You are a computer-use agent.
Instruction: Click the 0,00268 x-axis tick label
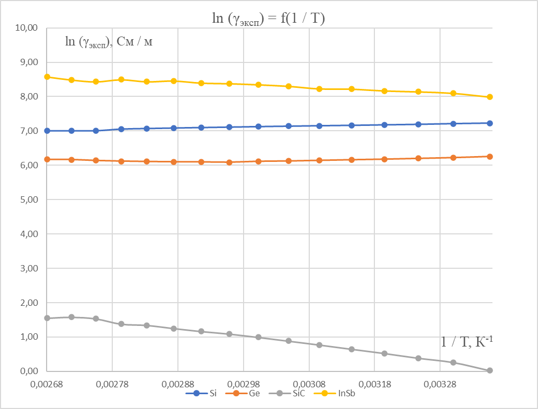pyautogui.click(x=47, y=381)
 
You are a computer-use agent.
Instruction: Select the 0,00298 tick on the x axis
pyautogui.click(x=243, y=381)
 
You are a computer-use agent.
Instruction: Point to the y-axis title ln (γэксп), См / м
pyautogui.click(x=109, y=42)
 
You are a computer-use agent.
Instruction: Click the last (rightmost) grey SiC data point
pyautogui.click(x=490, y=370)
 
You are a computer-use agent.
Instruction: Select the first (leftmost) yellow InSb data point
pyautogui.click(x=47, y=77)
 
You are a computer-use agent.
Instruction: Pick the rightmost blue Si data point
pyautogui.click(x=490, y=123)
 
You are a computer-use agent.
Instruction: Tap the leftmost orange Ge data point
pyautogui.click(x=47, y=159)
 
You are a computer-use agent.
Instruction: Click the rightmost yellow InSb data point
pyautogui.click(x=490, y=97)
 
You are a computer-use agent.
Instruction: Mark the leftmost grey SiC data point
pyautogui.click(x=47, y=318)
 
